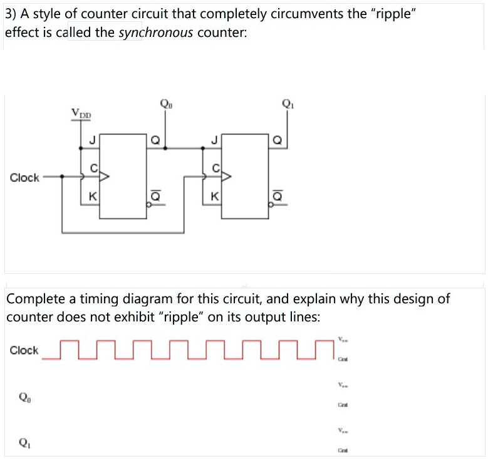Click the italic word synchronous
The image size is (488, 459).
(156, 32)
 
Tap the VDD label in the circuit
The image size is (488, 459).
(81, 114)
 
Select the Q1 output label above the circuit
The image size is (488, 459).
(287, 105)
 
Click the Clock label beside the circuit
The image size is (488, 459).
(24, 178)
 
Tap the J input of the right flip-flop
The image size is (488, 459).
(214, 141)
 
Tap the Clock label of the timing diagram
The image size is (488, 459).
(24, 350)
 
